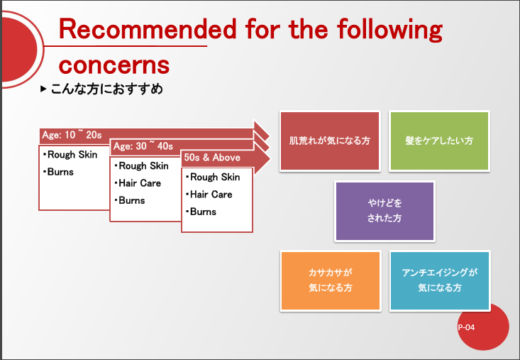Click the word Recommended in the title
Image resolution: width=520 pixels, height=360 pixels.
point(148,29)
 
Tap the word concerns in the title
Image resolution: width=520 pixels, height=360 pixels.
point(114,65)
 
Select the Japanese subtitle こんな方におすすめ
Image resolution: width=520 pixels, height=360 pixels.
point(107,89)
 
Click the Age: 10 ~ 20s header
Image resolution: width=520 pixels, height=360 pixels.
point(72,135)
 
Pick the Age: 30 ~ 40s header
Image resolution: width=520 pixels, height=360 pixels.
point(143,146)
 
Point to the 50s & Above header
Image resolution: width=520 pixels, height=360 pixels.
point(212,157)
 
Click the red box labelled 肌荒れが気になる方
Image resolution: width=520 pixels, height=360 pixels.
point(330,141)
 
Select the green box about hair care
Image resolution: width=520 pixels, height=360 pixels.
point(439,141)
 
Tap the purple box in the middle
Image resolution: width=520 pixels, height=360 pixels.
point(385,211)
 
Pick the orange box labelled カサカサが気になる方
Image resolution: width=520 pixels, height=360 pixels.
point(331,280)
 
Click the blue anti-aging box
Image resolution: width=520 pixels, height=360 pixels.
point(440,280)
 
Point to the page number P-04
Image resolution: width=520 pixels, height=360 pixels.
point(466,327)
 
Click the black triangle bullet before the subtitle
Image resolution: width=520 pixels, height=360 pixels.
point(43,89)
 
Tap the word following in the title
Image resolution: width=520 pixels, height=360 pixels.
point(389,30)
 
